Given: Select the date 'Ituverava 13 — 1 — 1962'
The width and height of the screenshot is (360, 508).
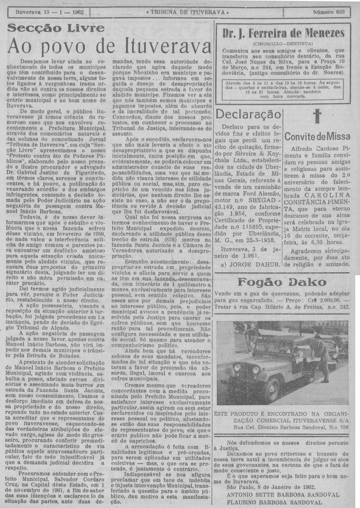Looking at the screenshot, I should pyautogui.click(x=49, y=11).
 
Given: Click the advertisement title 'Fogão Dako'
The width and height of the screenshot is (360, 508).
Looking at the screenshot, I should pyautogui.click(x=282, y=282).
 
